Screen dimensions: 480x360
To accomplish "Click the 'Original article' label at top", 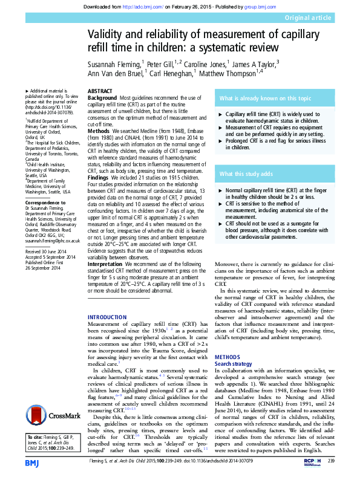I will coord(329,19).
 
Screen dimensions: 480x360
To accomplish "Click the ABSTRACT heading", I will coord(100,90).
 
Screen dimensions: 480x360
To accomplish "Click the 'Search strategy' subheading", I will coord(234,364).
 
